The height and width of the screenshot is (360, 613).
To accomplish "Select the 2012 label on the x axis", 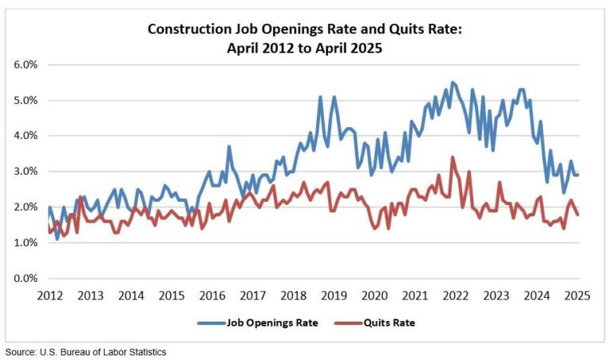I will tap(49, 295).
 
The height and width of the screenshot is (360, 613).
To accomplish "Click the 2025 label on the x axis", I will tap(577, 295).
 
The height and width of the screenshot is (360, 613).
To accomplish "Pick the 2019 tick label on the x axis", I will tap(334, 295).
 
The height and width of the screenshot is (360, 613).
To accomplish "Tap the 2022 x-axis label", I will tap(455, 295).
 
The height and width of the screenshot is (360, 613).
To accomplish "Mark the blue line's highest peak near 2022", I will tap(453, 81).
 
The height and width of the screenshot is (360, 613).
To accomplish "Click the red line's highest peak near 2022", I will tap(453, 157).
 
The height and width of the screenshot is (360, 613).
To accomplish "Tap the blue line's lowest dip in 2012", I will tap(57, 239).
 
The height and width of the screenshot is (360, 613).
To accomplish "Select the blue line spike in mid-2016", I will tap(229, 146).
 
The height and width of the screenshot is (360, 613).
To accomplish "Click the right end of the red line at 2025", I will tap(578, 215).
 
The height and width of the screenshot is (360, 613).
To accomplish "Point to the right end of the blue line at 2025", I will tap(578, 175).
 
